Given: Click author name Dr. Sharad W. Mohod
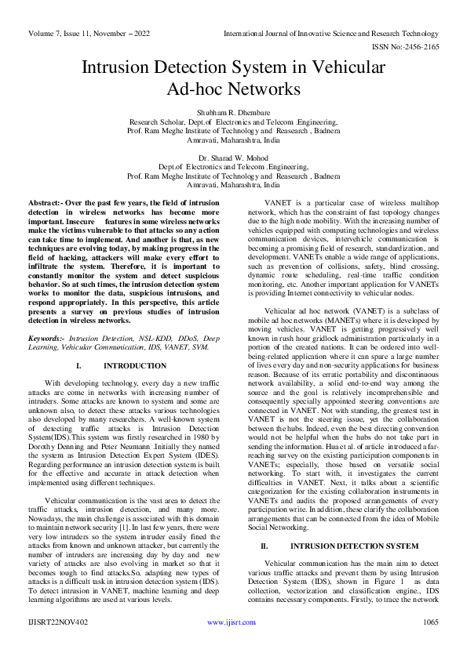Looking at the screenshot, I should coord(233,158).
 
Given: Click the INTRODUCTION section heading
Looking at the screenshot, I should coord(130,366).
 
